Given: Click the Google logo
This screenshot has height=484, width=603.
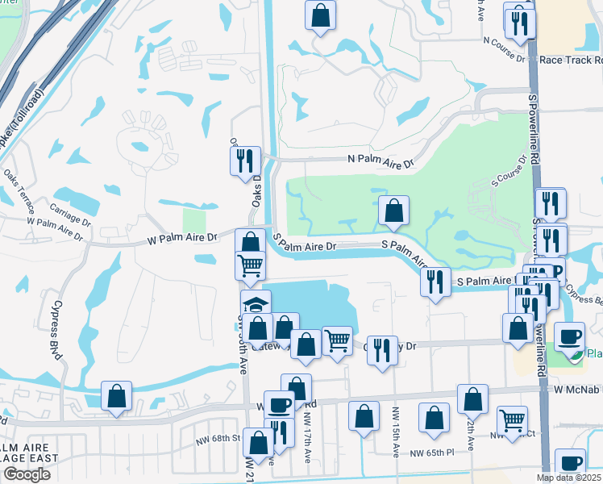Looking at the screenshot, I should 27,474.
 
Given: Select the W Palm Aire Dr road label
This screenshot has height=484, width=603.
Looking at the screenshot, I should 182,238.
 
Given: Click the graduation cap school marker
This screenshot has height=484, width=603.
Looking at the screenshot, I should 256,305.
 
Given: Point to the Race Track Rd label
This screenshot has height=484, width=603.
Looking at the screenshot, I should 570,60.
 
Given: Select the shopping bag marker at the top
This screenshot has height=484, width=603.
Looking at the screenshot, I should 320,15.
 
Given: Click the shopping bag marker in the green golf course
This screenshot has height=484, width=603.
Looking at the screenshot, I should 393,211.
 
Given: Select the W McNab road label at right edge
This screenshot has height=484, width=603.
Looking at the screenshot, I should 578,390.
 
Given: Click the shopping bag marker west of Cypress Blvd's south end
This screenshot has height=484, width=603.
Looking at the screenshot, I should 117,396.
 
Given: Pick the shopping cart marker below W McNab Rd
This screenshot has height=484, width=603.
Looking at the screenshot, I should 512,419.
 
